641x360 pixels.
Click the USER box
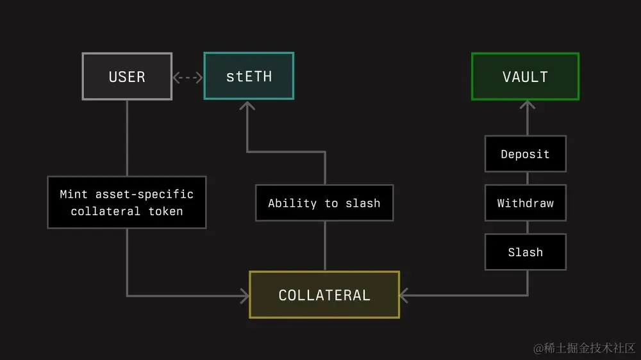click(127, 76)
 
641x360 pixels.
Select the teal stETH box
click(249, 76)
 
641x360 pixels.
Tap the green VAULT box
click(525, 76)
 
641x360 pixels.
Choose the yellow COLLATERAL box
click(324, 295)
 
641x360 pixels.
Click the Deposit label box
click(525, 154)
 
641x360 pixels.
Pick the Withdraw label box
click(525, 203)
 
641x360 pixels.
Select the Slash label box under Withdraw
click(525, 252)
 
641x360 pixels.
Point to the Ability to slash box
click(324, 203)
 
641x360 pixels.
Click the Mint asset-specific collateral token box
click(127, 202)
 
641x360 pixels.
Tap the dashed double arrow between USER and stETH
click(188, 77)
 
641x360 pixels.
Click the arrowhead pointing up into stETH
click(247, 105)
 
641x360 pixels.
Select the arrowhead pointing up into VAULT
click(527, 105)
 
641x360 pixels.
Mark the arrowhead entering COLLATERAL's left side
click(244, 295)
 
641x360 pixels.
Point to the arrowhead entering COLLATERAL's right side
click(404, 295)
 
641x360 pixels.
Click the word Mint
click(74, 194)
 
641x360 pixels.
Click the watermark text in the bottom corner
click(584, 348)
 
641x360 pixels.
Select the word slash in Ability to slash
click(363, 203)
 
